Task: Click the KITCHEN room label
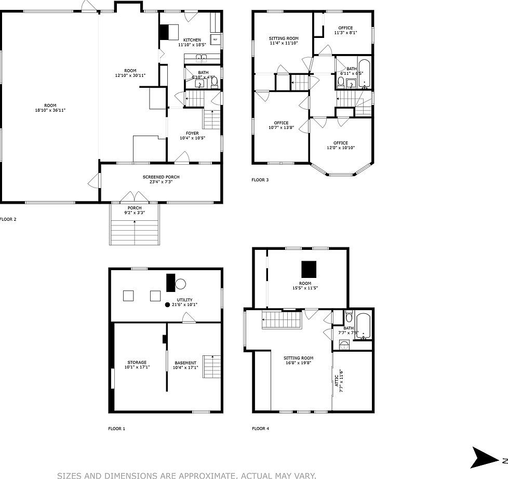coord(192,40)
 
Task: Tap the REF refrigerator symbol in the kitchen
coord(215,39)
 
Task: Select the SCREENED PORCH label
coord(161,177)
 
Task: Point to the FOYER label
coord(192,133)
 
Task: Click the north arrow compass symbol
coord(485,457)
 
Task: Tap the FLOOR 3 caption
coord(260,180)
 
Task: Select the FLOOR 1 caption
coord(116,429)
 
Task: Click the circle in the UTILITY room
coord(180,284)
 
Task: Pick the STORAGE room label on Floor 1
coord(137,362)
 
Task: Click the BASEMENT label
coord(185,362)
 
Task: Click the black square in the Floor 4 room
coord(309,269)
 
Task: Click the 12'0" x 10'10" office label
coord(341,143)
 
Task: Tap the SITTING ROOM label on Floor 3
coord(284,38)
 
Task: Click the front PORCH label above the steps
coord(135,208)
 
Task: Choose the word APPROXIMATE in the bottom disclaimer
coord(204,475)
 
